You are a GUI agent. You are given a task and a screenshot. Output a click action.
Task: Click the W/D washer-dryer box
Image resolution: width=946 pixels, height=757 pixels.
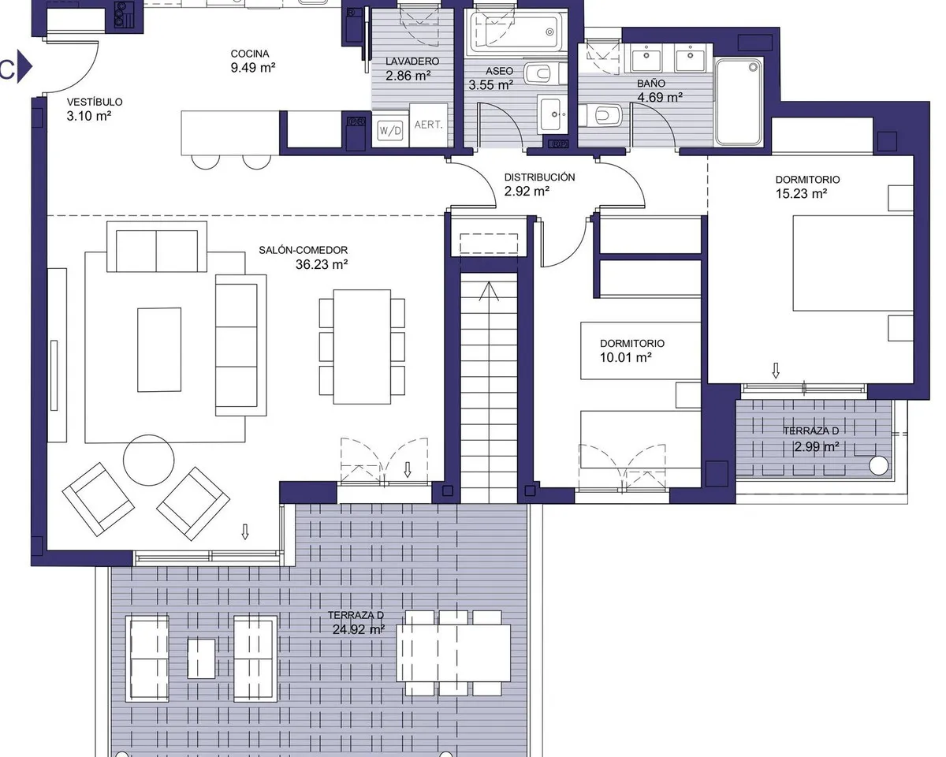point(390,131)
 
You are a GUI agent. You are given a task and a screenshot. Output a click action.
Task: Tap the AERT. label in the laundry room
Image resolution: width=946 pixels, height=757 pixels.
point(428,125)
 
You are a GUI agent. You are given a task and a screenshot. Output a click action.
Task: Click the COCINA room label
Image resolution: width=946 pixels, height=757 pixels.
point(250,54)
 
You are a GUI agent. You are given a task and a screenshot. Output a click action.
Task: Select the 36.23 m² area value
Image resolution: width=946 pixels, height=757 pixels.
point(322,264)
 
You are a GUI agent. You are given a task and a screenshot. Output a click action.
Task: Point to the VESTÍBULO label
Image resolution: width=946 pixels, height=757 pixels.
point(95,102)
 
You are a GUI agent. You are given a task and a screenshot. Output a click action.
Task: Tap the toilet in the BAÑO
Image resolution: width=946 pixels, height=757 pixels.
point(601,115)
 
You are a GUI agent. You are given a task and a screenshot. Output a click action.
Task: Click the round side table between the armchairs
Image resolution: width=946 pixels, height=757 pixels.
point(148,460)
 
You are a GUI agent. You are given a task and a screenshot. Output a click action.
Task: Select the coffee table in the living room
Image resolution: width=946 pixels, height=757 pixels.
point(159,349)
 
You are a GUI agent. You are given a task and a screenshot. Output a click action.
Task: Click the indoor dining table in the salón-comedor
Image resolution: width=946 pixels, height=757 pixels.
point(362,347)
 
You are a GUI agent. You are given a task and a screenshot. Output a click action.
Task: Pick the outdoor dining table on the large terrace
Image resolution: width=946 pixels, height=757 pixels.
point(453,653)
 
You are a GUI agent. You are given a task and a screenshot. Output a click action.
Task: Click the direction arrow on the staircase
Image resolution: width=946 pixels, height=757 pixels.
point(489,291)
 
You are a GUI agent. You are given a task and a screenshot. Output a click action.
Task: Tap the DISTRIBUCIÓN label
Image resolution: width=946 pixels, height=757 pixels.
point(539,177)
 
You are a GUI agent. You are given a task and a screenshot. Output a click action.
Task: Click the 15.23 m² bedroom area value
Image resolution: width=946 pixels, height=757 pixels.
point(801,193)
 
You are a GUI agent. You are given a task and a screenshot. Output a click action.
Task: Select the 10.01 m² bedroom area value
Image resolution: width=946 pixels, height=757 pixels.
point(625,357)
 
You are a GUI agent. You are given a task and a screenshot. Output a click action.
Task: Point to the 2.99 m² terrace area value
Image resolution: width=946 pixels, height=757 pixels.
point(817,446)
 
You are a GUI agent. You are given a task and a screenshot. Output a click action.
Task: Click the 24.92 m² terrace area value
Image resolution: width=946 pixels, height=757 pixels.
point(358,629)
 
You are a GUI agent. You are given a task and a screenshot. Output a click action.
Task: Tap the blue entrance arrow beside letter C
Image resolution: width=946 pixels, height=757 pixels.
point(24,67)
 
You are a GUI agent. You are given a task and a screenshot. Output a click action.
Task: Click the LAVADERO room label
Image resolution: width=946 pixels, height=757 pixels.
point(412,62)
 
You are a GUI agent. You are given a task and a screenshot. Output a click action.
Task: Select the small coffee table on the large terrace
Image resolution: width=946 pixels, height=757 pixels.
point(201,658)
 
